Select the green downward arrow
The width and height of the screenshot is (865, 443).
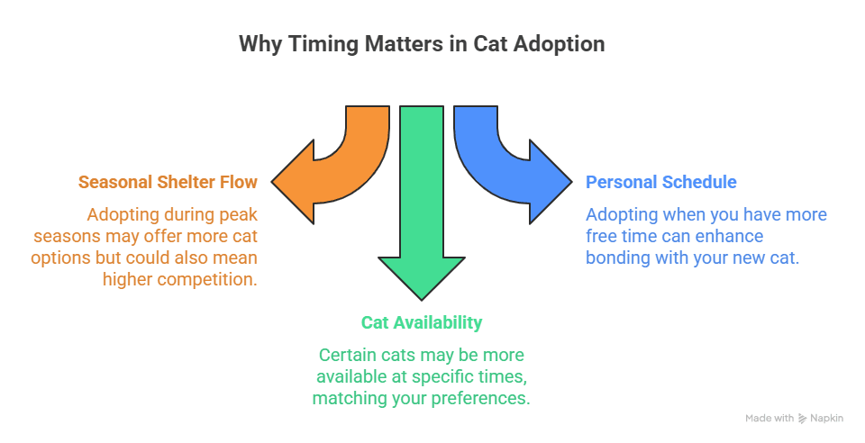coord(422,221)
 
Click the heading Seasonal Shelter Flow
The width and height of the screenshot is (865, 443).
coord(168,183)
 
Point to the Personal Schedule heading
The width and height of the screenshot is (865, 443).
coord(660,183)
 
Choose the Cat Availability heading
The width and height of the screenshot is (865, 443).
coord(422,323)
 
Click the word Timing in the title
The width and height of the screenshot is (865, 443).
coord(323,44)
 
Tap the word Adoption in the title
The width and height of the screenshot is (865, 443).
coord(559,44)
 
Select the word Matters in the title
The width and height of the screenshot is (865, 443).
coord(404,44)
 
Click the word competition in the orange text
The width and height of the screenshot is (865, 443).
coord(207,280)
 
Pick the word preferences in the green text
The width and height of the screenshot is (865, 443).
coord(480,398)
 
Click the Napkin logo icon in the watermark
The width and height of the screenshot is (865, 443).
coord(802,419)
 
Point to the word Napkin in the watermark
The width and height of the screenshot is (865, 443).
coord(826,419)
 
